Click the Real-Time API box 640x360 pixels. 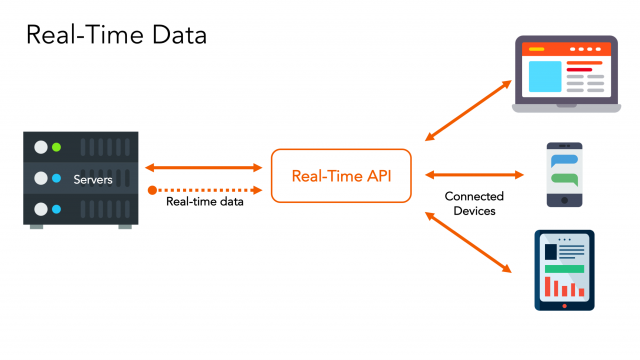pyautogui.click(x=340, y=176)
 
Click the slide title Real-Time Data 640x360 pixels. pyautogui.click(x=115, y=36)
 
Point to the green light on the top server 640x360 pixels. pyautogui.click(x=57, y=147)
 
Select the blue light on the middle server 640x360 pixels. pyautogui.click(x=57, y=178)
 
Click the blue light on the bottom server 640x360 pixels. pyautogui.click(x=57, y=209)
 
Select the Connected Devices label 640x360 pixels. pyautogui.click(x=473, y=204)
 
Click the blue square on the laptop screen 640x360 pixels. pyautogui.click(x=544, y=75)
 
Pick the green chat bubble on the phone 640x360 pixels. pyautogui.click(x=566, y=180)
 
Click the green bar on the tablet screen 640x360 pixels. pyautogui.click(x=564, y=268)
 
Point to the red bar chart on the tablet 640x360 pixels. pyautogui.click(x=562, y=287)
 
